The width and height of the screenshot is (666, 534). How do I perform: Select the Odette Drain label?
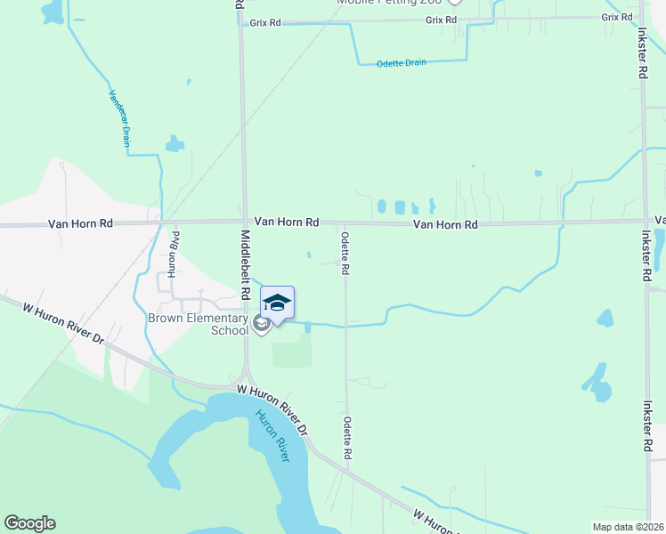tap(402, 62)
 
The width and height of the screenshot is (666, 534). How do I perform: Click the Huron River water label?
tap(273, 435)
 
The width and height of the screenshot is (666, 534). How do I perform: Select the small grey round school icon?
tap(262, 324)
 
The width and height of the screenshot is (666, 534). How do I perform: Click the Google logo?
tap(29, 523)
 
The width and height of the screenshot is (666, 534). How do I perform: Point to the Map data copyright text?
tap(628, 527)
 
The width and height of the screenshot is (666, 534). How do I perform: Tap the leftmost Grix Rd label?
tap(265, 21)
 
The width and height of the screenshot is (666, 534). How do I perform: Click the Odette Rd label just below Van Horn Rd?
tap(345, 253)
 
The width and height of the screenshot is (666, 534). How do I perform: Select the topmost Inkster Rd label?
tap(642, 56)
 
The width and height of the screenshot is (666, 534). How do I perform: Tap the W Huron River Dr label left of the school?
tap(63, 322)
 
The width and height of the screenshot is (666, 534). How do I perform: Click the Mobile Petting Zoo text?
tap(389, 3)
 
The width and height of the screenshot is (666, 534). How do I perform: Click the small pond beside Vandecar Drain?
tap(175, 143)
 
